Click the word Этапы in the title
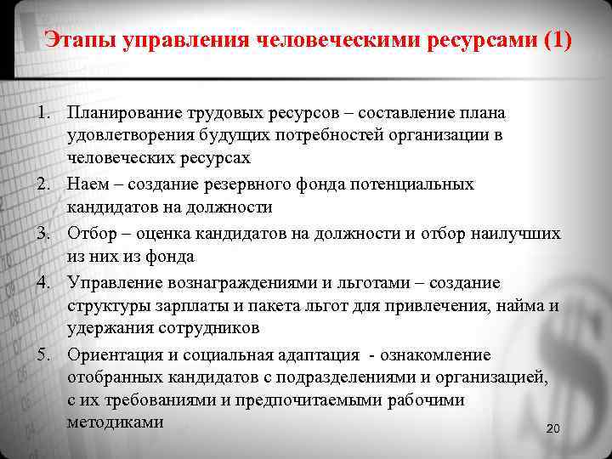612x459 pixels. [78, 41]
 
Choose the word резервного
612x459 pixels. [248, 184]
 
